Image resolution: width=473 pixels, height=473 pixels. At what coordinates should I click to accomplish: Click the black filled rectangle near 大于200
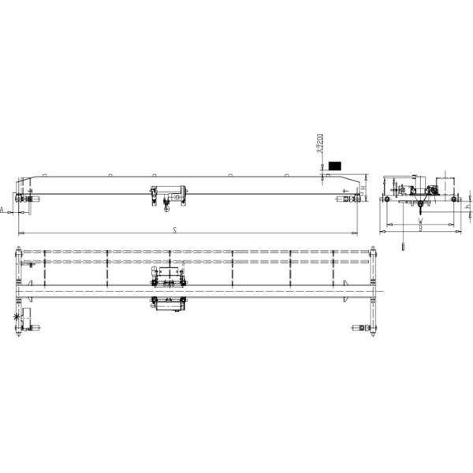point(335,166)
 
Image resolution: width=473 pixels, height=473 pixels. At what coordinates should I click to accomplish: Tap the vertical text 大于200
point(319,147)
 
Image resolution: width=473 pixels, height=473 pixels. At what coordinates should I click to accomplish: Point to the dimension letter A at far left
point(3,210)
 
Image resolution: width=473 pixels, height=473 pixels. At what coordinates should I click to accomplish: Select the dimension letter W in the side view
point(421,223)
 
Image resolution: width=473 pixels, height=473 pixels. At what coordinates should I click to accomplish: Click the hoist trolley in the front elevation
point(168,193)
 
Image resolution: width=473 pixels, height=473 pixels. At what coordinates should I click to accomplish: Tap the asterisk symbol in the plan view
point(17,317)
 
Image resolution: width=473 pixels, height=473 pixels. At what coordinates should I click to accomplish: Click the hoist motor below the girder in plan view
point(167,304)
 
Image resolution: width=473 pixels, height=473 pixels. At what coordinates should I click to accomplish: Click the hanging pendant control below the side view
point(402,244)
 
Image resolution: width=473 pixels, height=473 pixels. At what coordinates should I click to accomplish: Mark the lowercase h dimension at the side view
point(467,207)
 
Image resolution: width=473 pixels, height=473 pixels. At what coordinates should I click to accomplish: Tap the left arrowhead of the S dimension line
point(20,233)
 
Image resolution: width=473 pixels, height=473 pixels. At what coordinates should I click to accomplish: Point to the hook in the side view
point(422,207)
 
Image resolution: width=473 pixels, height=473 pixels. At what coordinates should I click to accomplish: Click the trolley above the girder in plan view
point(168,276)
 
